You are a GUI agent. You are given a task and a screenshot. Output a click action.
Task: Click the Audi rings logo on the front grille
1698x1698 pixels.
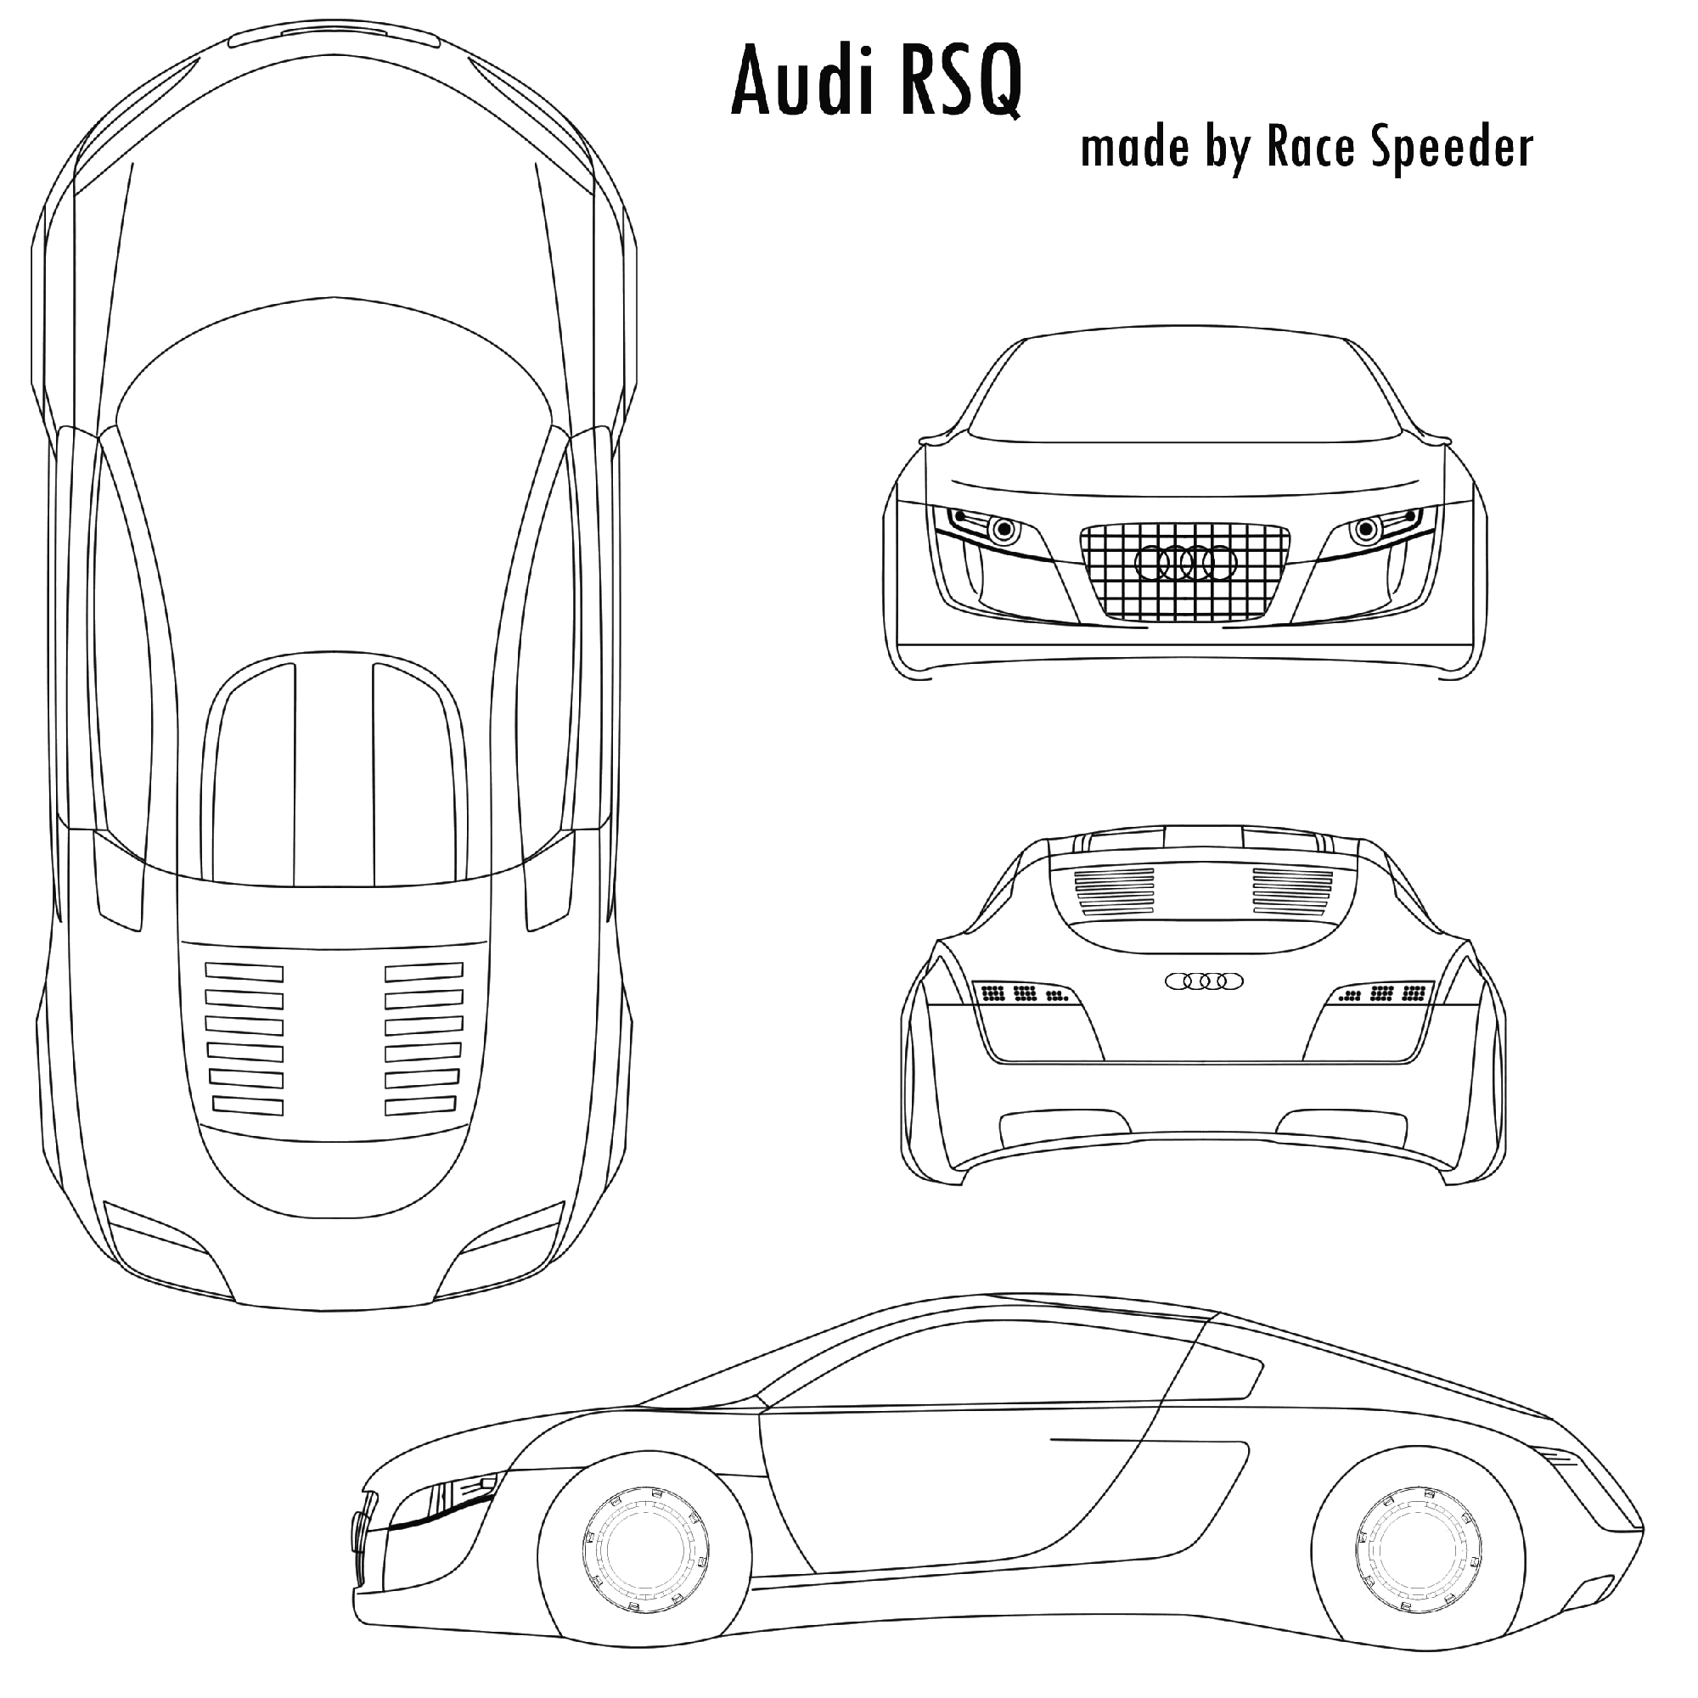coord(1185,563)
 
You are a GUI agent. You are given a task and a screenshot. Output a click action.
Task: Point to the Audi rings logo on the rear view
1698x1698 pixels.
coord(1204,981)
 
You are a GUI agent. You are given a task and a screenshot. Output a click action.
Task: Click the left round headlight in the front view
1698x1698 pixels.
coord(1003,529)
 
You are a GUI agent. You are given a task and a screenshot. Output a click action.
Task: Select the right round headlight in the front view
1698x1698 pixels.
coord(1366,529)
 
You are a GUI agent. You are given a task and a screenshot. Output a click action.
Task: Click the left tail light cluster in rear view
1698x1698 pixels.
coord(1026,994)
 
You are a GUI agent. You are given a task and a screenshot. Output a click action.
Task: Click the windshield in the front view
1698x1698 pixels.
coord(1184,386)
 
